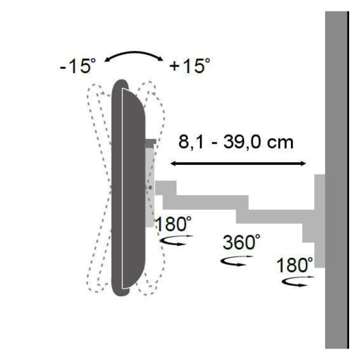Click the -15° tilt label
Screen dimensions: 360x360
point(78,66)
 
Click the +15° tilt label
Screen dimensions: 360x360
point(190,66)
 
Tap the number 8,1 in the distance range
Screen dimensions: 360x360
point(191,142)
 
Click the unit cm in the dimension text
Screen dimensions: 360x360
point(280,143)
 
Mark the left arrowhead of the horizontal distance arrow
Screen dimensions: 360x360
point(173,164)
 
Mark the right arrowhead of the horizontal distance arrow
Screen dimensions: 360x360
point(303,164)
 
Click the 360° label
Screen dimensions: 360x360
point(241,242)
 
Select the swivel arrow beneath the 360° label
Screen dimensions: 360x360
point(237,261)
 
